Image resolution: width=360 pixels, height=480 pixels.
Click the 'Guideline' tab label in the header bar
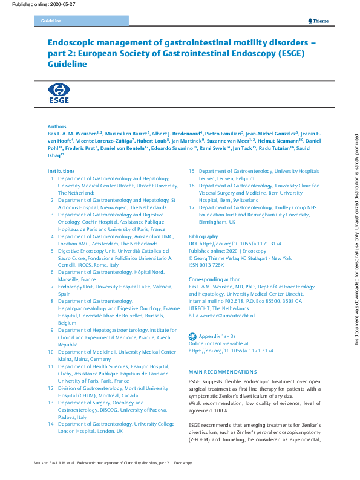(x=51, y=21)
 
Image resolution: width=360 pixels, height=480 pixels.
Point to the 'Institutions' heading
(x=61, y=171)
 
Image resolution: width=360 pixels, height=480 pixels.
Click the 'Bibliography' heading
(x=203, y=235)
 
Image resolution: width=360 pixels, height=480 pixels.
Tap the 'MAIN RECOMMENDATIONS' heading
(x=223, y=371)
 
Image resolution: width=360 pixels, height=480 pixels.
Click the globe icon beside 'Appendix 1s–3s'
(x=192, y=336)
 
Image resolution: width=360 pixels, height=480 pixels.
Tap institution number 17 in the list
(x=191, y=207)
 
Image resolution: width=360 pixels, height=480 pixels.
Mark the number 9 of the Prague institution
(x=52, y=330)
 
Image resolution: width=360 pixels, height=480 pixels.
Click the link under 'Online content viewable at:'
(x=231, y=350)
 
